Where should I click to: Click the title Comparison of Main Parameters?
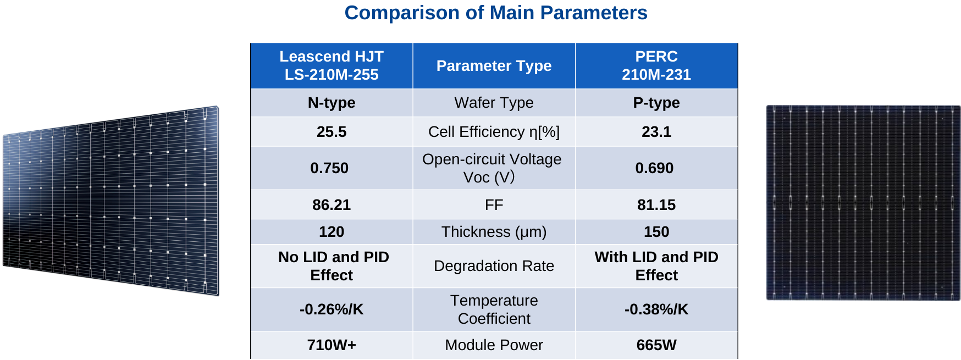[495, 13]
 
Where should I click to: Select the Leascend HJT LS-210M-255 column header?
[331, 65]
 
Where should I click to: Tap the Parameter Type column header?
[494, 66]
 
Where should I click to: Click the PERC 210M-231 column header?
[656, 65]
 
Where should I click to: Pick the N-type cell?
[331, 103]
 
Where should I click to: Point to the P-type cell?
[656, 103]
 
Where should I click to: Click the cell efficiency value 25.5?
[331, 132]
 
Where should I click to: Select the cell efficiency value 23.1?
[656, 132]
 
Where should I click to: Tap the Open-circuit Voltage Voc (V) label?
[492, 168]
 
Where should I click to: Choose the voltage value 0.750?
[329, 168]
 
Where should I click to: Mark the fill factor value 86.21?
[331, 205]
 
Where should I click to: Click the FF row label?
[494, 205]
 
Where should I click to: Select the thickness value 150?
[656, 232]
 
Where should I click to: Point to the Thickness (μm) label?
[494, 232]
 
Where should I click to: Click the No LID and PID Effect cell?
[333, 266]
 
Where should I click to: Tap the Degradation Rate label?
[494, 266]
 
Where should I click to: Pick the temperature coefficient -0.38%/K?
[656, 309]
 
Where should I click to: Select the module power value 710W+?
[331, 345]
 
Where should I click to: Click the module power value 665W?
[656, 345]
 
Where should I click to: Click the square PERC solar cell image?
[863, 203]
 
